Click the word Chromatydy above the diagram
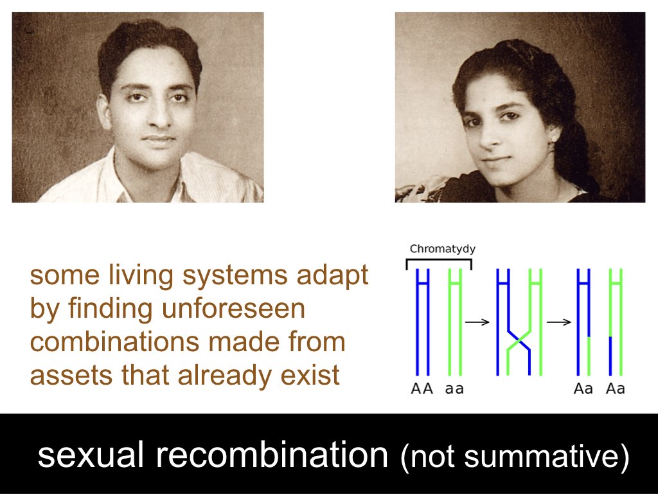click(442, 249)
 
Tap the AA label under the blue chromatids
click(422, 389)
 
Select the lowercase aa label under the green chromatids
click(454, 389)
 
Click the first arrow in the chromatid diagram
click(477, 322)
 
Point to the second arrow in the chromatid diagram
click(558, 322)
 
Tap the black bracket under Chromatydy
click(439, 260)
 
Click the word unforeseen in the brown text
click(233, 309)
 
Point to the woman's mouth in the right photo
click(497, 160)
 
